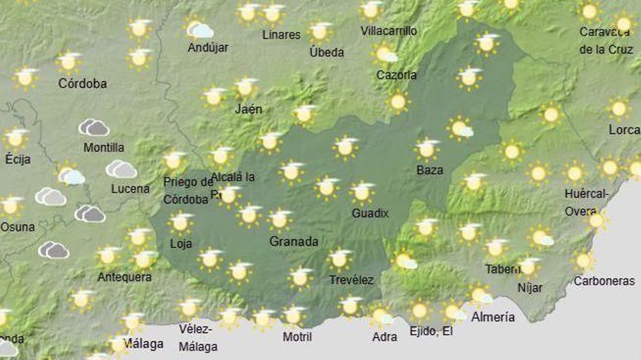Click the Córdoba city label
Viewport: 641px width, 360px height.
(x=83, y=83)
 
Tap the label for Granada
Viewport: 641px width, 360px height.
(x=294, y=241)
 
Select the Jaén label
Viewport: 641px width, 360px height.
(x=248, y=109)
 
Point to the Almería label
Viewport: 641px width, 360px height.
(x=493, y=317)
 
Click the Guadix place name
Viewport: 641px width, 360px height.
(x=370, y=213)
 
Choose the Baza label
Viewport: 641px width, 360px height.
(x=429, y=170)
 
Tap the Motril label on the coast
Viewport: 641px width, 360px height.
(x=297, y=337)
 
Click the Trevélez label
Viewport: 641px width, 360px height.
(x=351, y=280)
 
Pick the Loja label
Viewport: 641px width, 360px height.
(x=181, y=243)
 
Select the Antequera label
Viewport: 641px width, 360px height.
(x=125, y=277)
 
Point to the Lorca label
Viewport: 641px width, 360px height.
(x=624, y=130)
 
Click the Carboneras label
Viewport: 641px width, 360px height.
(x=604, y=281)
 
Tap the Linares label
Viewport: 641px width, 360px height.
(x=281, y=35)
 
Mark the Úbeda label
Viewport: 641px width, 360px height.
(x=327, y=52)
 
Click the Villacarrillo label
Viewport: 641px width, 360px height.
(x=389, y=31)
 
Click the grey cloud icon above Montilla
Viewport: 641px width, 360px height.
(x=94, y=127)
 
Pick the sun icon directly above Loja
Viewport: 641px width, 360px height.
(x=180, y=223)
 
